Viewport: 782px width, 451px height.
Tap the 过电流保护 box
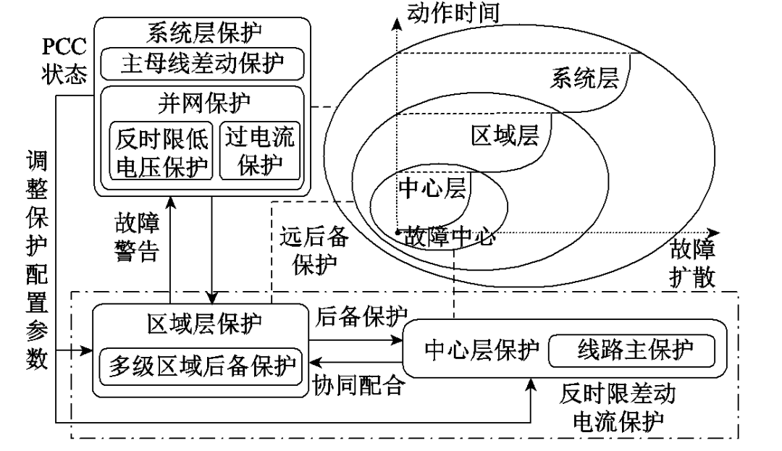point(259,150)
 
